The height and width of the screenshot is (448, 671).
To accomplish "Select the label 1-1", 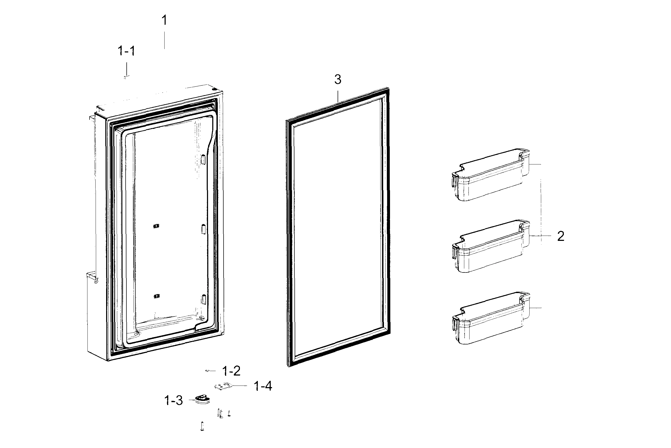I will click(x=126, y=51).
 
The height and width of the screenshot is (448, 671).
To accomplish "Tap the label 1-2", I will click(x=231, y=371).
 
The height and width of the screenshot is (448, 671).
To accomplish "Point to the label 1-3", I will click(x=174, y=401).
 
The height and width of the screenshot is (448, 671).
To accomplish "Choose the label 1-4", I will click(x=263, y=386).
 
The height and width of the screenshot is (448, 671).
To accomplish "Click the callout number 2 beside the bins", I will click(x=560, y=236).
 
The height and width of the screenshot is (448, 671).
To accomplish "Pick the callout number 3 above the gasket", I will click(x=338, y=80).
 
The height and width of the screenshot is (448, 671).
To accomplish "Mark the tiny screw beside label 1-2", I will click(x=208, y=371).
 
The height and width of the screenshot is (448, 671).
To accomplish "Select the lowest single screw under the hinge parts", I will click(x=202, y=426).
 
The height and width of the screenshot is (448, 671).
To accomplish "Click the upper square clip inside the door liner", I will click(x=156, y=226).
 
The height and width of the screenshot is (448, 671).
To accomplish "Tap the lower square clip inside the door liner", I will click(x=156, y=296).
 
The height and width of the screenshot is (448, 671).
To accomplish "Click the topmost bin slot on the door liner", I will click(x=203, y=159).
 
